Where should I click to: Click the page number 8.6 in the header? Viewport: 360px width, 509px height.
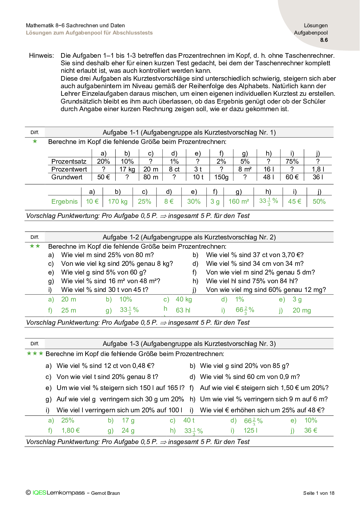click(324, 40)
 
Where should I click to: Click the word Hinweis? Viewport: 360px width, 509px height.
click(41, 55)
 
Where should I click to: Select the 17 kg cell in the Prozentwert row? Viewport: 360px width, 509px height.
click(127, 169)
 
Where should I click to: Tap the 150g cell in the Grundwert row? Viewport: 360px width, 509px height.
click(221, 177)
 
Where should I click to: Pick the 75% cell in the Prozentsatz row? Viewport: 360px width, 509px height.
click(292, 161)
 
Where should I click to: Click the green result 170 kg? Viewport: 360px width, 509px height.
click(118, 201)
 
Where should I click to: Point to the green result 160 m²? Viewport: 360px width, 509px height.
click(239, 201)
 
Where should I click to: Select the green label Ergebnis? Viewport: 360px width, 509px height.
click(64, 201)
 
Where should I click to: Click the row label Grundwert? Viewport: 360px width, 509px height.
click(67, 177)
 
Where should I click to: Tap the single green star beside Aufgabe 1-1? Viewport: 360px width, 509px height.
click(35, 141)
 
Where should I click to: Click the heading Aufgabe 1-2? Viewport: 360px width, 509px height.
click(189, 237)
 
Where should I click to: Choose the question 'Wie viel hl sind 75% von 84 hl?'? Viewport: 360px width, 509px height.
click(252, 281)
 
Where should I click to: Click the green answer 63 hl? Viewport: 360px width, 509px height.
click(183, 310)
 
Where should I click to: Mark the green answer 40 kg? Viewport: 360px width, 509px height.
click(184, 299)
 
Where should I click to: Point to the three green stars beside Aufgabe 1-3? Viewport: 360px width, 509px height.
click(35, 353)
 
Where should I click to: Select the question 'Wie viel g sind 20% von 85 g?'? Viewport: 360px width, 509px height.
click(244, 366)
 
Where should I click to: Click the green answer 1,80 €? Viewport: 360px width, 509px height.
click(71, 430)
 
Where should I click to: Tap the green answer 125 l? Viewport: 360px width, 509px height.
click(250, 430)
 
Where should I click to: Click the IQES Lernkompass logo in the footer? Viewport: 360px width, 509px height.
click(58, 492)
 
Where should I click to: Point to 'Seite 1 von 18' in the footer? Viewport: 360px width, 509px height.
click(318, 493)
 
